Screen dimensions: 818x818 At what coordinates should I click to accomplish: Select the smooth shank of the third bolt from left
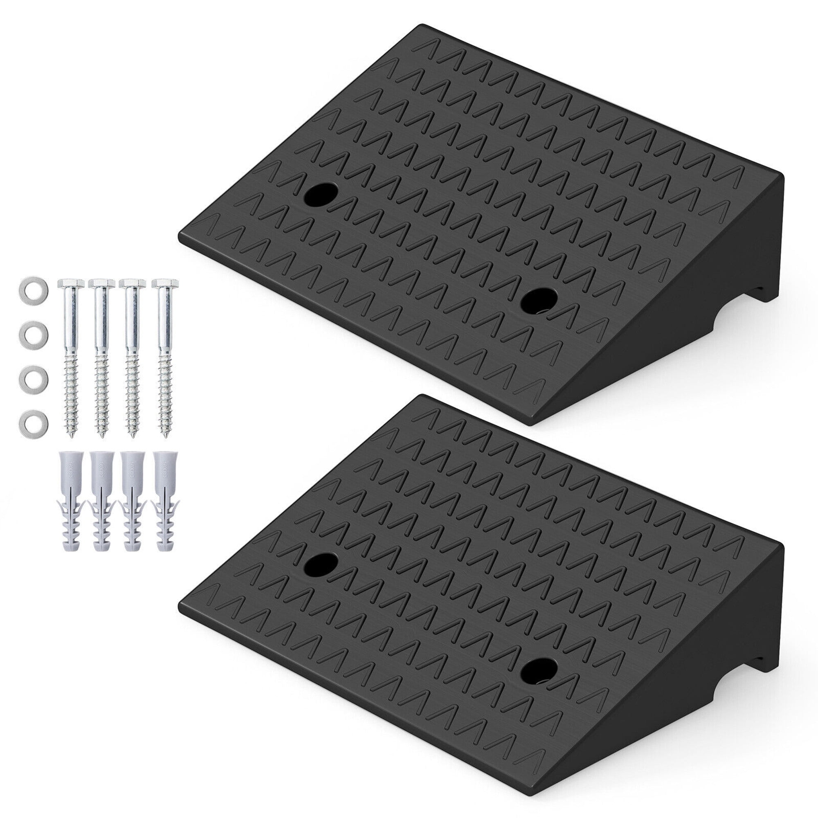[x=134, y=322]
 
